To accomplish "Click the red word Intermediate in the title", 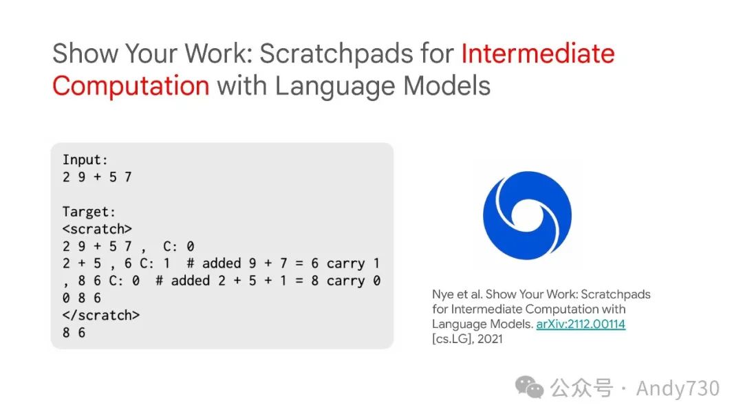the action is pos(538,53).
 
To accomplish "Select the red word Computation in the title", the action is pos(131,86).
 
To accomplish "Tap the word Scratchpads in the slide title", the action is pos(336,54).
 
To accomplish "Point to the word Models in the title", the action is pos(447,86).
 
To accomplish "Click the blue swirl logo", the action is pos(527,215).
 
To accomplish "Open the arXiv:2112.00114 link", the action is pos(581,324).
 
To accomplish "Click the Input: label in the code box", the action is pos(85,160).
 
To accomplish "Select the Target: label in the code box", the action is pos(89,212).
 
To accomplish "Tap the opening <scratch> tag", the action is pos(97,229).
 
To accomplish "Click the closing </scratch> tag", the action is pos(101,316).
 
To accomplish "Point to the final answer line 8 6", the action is pos(74,333).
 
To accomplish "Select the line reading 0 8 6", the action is pos(81,298).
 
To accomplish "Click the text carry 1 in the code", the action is pos(354,264).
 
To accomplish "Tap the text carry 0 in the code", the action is pos(354,280).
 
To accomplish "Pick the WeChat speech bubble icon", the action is pos(529,387).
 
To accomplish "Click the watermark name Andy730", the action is pos(678,388).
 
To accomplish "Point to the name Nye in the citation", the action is pos(442,294).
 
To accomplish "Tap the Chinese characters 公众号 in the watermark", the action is pos(581,388).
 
